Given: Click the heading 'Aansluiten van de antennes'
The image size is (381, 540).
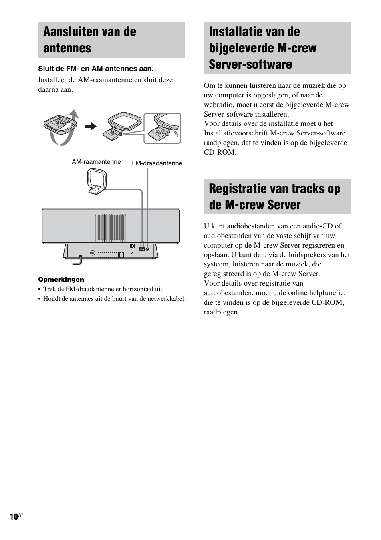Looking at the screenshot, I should (x=89, y=40).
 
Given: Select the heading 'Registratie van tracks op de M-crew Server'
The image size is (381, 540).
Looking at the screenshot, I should (x=274, y=197).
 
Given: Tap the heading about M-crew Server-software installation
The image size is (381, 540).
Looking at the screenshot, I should (x=262, y=48).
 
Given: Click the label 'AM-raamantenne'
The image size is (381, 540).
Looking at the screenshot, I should (x=96, y=162).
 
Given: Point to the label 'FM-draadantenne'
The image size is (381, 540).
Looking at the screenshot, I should (x=157, y=163).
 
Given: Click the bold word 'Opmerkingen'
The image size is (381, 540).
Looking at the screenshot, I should (x=61, y=280).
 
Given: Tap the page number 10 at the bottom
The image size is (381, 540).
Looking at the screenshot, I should (x=14, y=516).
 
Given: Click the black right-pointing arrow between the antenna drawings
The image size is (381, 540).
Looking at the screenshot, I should (x=91, y=127).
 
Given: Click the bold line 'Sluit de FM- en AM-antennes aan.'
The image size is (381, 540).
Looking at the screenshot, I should (x=96, y=69).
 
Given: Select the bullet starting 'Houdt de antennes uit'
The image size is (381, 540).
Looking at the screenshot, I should (x=114, y=299).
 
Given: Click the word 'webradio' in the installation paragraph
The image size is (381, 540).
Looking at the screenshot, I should (x=219, y=105).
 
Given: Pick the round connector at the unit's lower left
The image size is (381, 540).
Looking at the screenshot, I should (x=93, y=253).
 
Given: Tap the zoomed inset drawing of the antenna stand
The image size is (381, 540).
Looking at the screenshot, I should (x=162, y=128).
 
